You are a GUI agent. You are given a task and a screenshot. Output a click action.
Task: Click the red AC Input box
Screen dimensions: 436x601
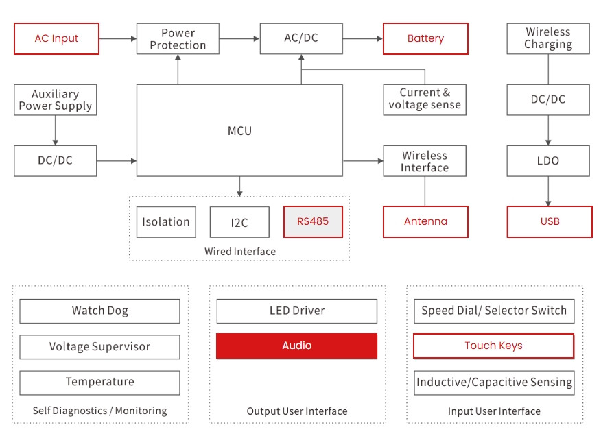click(x=56, y=39)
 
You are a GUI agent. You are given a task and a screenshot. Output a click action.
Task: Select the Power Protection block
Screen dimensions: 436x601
click(x=178, y=39)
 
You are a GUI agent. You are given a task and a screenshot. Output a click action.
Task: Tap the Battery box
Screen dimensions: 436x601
click(x=425, y=39)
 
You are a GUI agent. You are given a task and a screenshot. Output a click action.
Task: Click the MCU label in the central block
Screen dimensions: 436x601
click(x=239, y=130)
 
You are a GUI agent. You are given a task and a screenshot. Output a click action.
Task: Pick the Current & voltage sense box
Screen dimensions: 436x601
click(x=425, y=99)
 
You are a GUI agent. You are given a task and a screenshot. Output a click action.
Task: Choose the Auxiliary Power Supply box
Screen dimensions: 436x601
click(x=55, y=100)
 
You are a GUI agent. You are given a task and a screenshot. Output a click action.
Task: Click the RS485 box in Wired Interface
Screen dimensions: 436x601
click(x=314, y=222)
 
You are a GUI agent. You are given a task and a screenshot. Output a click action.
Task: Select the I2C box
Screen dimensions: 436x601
click(x=239, y=222)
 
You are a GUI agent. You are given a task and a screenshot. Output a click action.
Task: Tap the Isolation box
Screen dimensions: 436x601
click(x=166, y=222)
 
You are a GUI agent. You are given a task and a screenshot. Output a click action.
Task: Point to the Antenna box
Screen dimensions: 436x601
click(x=425, y=222)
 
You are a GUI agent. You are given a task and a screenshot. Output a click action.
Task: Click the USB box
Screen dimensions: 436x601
click(x=550, y=222)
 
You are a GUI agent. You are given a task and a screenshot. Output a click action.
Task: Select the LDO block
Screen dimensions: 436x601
click(x=547, y=161)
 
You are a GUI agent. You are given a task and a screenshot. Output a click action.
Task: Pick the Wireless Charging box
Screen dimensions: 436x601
click(x=547, y=38)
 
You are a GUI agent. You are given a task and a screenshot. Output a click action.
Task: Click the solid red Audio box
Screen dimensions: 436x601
click(x=296, y=346)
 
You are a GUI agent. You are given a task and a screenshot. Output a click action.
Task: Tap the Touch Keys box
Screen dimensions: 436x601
click(x=493, y=346)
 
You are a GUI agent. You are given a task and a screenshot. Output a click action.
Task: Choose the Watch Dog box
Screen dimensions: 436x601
click(x=99, y=311)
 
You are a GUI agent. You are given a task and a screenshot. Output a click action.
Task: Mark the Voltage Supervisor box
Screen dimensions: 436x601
click(x=99, y=347)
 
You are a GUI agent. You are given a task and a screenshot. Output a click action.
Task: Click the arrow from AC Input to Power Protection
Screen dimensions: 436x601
click(x=117, y=39)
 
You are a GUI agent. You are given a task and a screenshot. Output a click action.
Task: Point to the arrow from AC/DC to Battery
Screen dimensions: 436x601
click(x=362, y=39)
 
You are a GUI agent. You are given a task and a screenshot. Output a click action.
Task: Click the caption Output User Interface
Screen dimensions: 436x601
click(x=296, y=411)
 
